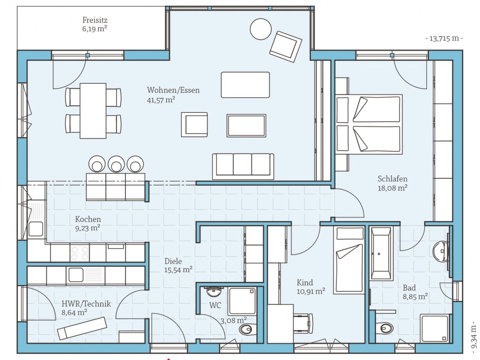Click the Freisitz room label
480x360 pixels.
95,20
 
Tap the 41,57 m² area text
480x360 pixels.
161,100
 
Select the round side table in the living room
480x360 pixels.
261,29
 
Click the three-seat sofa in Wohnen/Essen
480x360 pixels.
243,166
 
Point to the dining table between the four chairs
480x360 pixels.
93,111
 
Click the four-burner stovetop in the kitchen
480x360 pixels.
80,253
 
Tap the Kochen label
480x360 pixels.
88,219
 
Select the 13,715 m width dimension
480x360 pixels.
444,38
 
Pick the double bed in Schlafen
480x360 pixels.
369,123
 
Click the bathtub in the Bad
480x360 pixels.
381,253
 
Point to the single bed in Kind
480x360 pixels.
350,260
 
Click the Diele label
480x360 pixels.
173,261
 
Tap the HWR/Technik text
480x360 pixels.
86,304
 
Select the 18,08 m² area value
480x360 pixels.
392,188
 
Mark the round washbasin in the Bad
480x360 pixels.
441,252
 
